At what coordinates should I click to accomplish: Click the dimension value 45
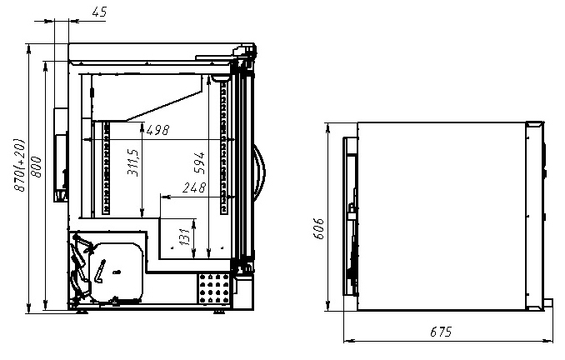(99, 12)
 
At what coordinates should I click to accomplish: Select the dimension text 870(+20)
(19, 165)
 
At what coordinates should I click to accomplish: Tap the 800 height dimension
(36, 167)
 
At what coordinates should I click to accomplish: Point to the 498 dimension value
(157, 130)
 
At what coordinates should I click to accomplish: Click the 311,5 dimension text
(133, 162)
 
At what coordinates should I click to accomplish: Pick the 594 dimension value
(199, 162)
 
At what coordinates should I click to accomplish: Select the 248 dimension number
(194, 187)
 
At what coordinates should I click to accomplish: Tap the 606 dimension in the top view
(318, 228)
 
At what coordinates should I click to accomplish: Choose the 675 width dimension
(441, 332)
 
